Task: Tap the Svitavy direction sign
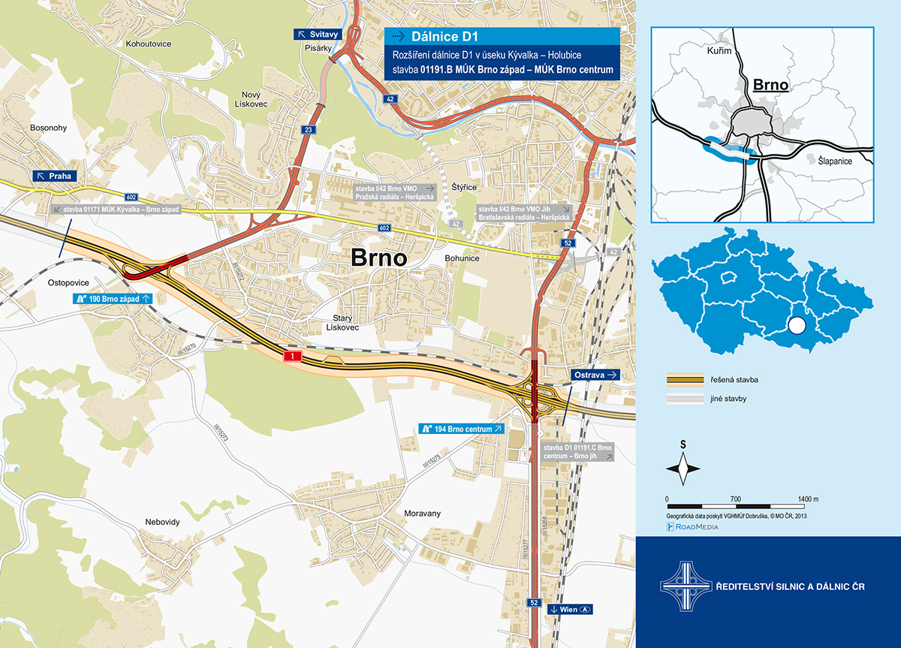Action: pyautogui.click(x=318, y=35)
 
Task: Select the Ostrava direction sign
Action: pyautogui.click(x=595, y=374)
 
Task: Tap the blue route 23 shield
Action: pyautogui.click(x=309, y=130)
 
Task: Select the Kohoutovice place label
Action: pyautogui.click(x=149, y=44)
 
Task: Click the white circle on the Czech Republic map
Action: pyautogui.click(x=797, y=326)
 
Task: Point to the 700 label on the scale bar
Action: pyautogui.click(x=735, y=499)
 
